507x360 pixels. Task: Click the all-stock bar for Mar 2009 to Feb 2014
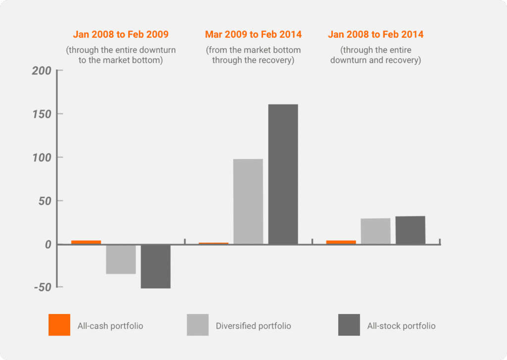(283, 174)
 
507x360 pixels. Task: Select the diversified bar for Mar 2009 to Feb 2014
(248, 201)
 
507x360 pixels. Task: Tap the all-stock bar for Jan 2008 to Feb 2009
(155, 266)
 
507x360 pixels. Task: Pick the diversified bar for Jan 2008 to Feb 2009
(121, 259)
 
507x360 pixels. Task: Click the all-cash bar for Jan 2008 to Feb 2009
(86, 242)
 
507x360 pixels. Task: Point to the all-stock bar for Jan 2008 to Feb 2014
(410, 230)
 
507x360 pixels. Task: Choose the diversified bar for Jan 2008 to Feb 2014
(375, 231)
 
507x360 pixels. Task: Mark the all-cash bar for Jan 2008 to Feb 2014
(341, 242)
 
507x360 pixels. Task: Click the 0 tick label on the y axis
(48, 245)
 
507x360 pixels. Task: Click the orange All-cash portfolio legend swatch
(59, 325)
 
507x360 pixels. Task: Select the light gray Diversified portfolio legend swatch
(198, 325)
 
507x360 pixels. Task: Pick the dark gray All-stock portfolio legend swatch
(349, 325)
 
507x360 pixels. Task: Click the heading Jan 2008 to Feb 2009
(121, 34)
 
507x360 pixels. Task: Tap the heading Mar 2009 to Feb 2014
(253, 34)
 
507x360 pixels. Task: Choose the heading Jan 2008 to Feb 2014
(376, 34)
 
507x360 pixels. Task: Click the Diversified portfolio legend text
(253, 326)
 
